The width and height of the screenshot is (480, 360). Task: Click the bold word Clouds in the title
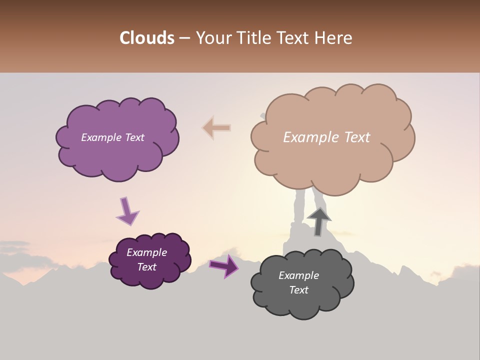coord(147,38)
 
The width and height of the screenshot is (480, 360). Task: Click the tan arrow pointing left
coord(216,128)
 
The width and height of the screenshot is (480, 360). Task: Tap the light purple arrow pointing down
coord(127,211)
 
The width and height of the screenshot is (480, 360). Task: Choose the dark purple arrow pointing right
coord(224,265)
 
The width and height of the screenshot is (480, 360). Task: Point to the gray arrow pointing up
coord(319,222)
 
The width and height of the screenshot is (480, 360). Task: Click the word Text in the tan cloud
coord(357,137)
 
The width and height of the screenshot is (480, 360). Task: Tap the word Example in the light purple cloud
coord(101,137)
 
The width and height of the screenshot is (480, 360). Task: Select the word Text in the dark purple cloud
coord(147,267)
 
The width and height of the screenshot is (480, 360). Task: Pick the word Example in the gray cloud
coord(298,275)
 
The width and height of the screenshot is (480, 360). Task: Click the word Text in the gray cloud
coord(298,290)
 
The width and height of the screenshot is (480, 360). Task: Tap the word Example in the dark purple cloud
coord(147,252)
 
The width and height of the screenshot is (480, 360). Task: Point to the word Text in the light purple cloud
coord(134,137)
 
